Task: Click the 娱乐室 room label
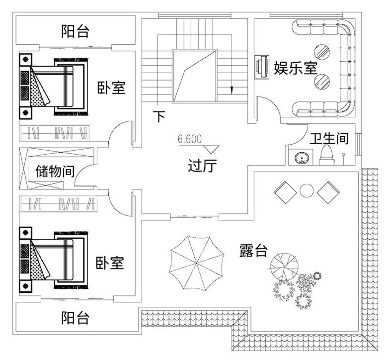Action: [x=296, y=67]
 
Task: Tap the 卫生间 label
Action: [x=328, y=138]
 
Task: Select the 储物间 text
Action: [x=55, y=172]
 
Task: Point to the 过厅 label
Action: [x=203, y=165]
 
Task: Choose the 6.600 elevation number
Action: [x=189, y=139]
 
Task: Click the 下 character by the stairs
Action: [x=158, y=117]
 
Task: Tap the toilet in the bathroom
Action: [x=327, y=154]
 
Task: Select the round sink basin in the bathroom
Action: [x=302, y=158]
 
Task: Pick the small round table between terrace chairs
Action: [x=306, y=189]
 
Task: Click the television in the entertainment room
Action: [x=260, y=67]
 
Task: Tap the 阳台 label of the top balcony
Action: [x=76, y=32]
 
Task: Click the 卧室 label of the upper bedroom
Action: [x=111, y=88]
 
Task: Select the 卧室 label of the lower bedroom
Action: [x=110, y=263]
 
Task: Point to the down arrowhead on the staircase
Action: [x=231, y=90]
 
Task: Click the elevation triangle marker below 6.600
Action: [x=211, y=148]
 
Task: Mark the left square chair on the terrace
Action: [x=285, y=191]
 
